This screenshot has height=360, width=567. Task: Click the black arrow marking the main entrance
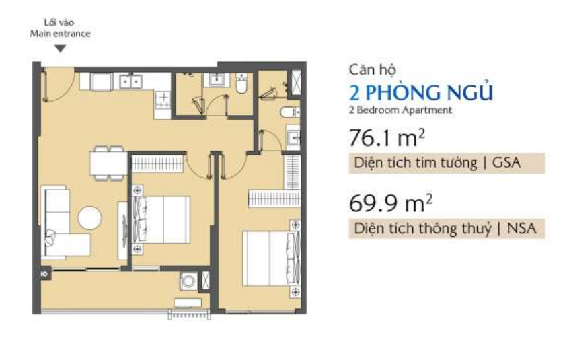point(61,48)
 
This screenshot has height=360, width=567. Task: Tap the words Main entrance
point(61,34)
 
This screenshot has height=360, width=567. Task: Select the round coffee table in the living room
point(89,217)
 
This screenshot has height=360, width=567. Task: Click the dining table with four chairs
point(108,163)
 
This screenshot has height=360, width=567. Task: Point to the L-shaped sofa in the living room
point(61,223)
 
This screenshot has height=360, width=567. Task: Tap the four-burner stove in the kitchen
point(163,100)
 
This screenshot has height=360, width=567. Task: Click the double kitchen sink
point(130,82)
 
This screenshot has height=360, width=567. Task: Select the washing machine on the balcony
point(189,281)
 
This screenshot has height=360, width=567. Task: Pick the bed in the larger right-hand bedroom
point(271,258)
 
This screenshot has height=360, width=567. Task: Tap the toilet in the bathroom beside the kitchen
point(241,84)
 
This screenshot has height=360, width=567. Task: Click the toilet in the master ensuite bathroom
point(290,112)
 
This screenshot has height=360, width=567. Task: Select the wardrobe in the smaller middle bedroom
point(157,163)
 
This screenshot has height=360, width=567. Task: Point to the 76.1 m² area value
point(387,137)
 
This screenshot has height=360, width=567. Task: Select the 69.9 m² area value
point(391,203)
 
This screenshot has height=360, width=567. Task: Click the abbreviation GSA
point(506,163)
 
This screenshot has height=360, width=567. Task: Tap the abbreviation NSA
point(521,229)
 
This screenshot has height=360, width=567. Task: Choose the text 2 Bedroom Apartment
point(400,110)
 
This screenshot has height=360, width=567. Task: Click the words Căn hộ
point(372,70)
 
